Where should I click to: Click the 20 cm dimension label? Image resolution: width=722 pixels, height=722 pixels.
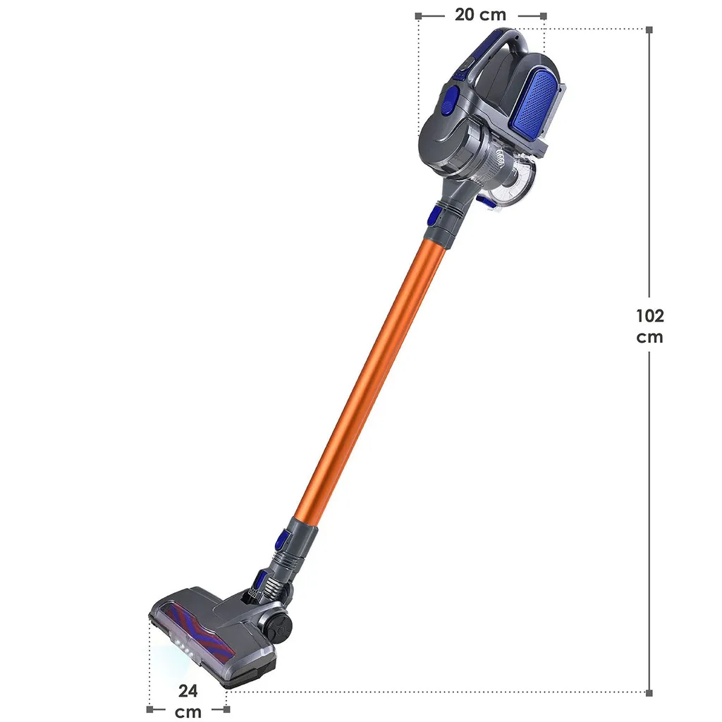tap(480, 15)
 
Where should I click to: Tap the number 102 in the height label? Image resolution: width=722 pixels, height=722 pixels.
tap(649, 316)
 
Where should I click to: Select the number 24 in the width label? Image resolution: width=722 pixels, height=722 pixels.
tap(188, 691)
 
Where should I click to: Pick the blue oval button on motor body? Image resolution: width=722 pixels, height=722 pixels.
tap(449, 98)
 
